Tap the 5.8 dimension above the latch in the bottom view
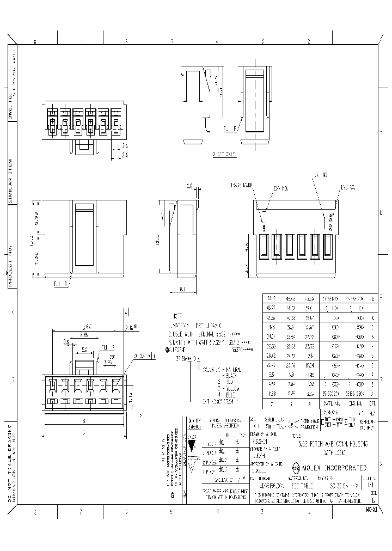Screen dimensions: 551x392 85,350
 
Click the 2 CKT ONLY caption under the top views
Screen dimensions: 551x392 224,154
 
